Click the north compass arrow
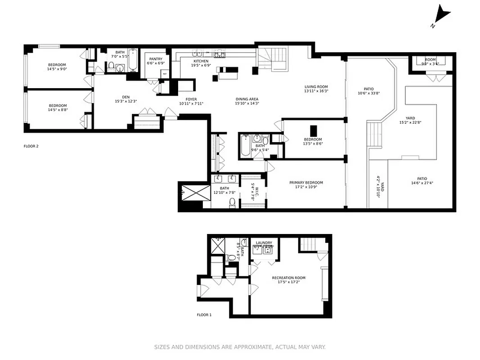point(443,15)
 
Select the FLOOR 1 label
point(204,315)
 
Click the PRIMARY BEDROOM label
point(306,183)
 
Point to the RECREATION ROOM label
point(288,278)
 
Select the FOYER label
point(191,99)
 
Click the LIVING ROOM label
point(316,87)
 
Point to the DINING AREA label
point(247,99)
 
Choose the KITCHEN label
point(201,61)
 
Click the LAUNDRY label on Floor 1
point(264,243)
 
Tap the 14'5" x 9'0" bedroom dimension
point(57,69)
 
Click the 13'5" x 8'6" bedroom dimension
point(313,144)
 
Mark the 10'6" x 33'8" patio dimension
point(369,94)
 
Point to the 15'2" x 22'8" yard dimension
point(410,122)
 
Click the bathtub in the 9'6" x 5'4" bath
point(245,147)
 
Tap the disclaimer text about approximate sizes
point(240,347)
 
